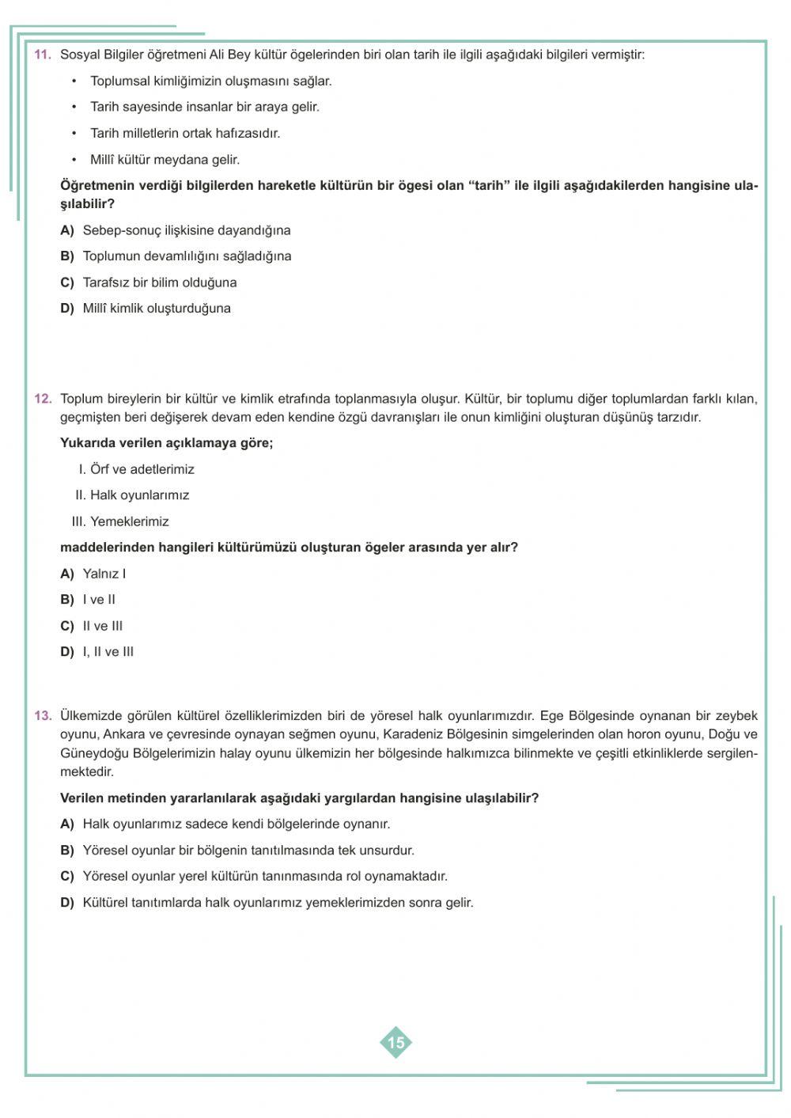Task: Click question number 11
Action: pos(43,55)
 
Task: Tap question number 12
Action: pos(43,399)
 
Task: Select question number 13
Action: pos(43,715)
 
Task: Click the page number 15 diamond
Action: pos(395,1042)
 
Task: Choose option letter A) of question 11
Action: pos(67,230)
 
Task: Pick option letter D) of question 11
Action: pos(67,309)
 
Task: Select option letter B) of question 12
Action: pos(67,600)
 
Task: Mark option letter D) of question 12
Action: pos(67,652)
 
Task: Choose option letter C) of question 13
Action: pos(67,876)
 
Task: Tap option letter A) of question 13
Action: pos(67,824)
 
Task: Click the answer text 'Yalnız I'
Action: pos(104,574)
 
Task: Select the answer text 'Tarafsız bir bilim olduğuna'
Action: pos(160,282)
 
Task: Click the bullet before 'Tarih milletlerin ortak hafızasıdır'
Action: pos(74,134)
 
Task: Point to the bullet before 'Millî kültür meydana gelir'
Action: pos(74,160)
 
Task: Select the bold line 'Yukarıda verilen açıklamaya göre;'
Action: pos(166,443)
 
